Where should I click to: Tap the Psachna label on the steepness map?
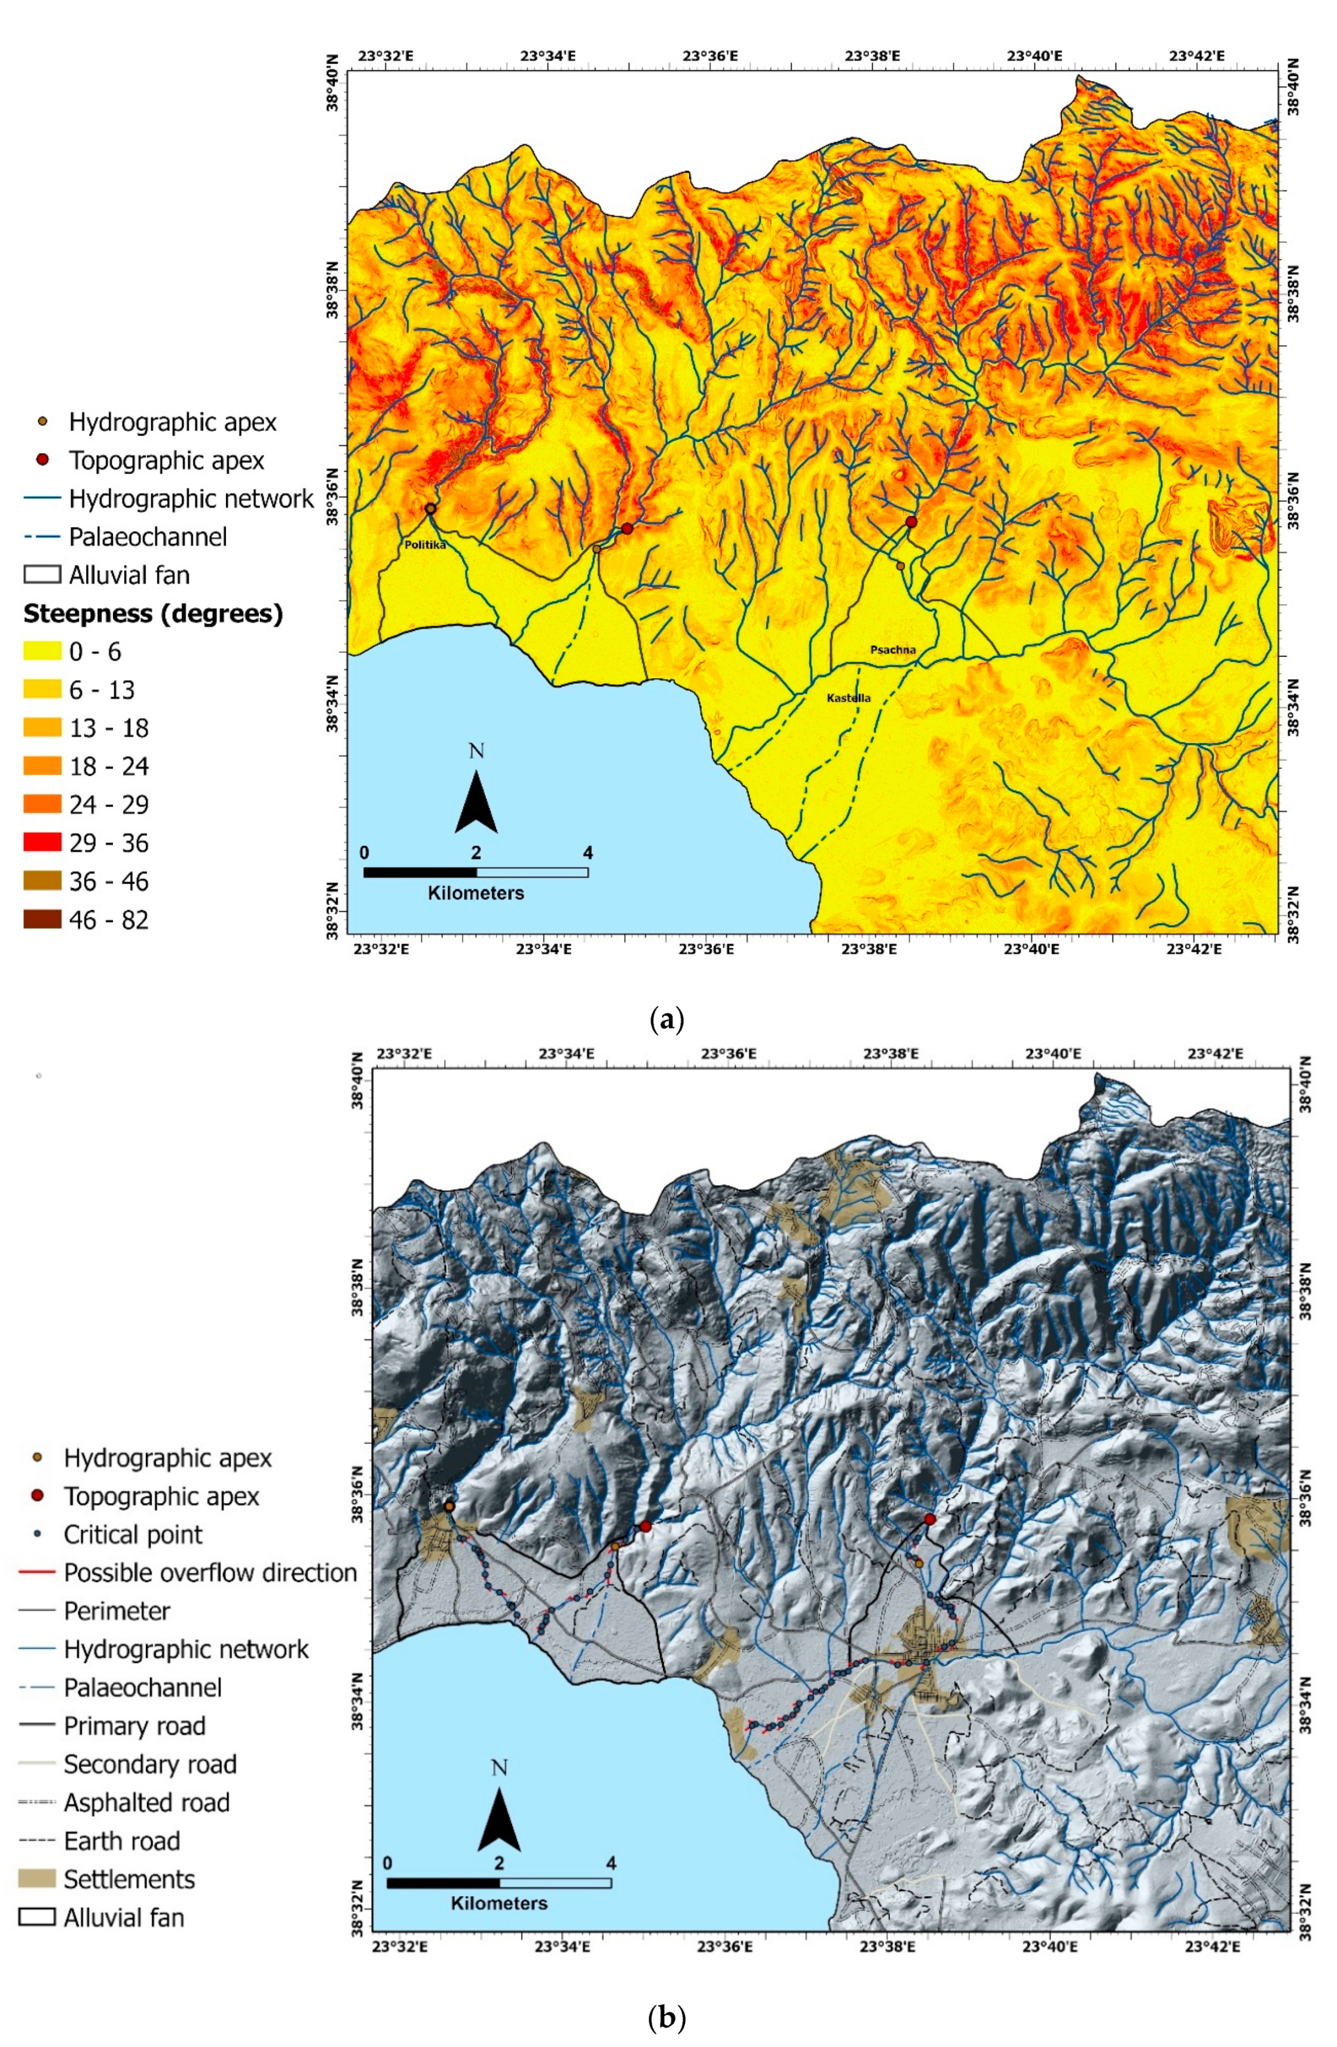coord(892,650)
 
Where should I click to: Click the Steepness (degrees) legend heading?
coord(153,614)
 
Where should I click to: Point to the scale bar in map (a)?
coord(476,872)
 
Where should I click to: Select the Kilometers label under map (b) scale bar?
coord(499,1904)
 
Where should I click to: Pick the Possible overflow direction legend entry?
coord(209,1572)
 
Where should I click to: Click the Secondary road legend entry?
coord(149,1764)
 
